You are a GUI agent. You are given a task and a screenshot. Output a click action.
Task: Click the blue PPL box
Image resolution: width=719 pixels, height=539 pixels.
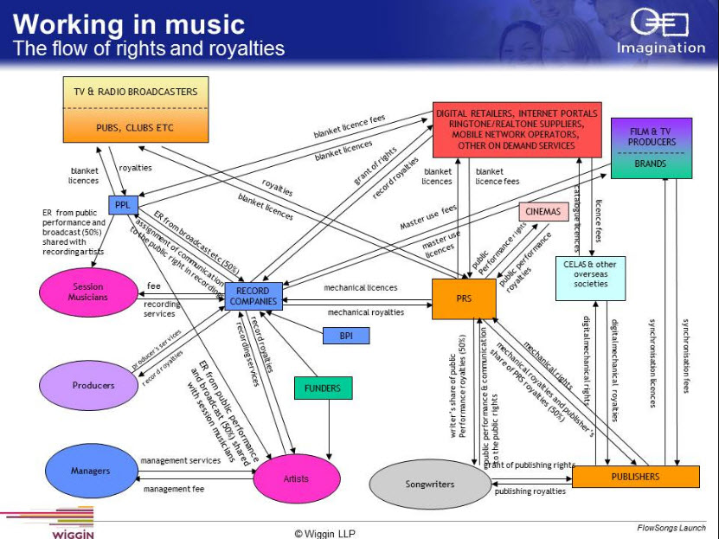[x=119, y=206]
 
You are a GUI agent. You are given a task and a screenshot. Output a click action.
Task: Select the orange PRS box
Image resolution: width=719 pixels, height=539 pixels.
[x=464, y=299]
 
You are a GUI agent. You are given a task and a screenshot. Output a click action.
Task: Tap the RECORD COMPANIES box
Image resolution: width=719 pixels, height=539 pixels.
[x=254, y=296]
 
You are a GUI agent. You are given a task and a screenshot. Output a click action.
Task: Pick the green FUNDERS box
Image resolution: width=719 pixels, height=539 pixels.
[x=323, y=388]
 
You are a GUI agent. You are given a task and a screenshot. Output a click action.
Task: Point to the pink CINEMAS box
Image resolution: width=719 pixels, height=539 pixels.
[x=544, y=211]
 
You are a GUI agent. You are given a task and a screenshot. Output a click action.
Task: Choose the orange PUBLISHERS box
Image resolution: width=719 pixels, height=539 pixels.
[x=635, y=477]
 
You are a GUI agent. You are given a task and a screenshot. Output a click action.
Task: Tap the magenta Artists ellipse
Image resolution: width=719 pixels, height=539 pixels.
[x=296, y=478]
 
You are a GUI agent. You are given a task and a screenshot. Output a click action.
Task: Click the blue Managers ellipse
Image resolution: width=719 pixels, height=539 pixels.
[x=90, y=472]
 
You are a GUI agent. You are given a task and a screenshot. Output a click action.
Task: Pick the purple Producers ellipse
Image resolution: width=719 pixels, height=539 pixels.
[x=92, y=385]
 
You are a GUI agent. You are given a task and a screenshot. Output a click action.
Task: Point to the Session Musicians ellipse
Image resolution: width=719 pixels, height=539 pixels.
[x=88, y=292]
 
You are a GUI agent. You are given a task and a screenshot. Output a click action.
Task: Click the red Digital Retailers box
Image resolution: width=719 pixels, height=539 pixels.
[x=517, y=130]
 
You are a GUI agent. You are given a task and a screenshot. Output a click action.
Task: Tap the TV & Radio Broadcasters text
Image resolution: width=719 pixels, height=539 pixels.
[x=135, y=92]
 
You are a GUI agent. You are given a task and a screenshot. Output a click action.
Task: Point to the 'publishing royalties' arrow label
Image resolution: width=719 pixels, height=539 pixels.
[x=530, y=491]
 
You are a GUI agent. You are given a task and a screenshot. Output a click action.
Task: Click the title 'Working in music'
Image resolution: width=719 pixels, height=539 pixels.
[x=130, y=24]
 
